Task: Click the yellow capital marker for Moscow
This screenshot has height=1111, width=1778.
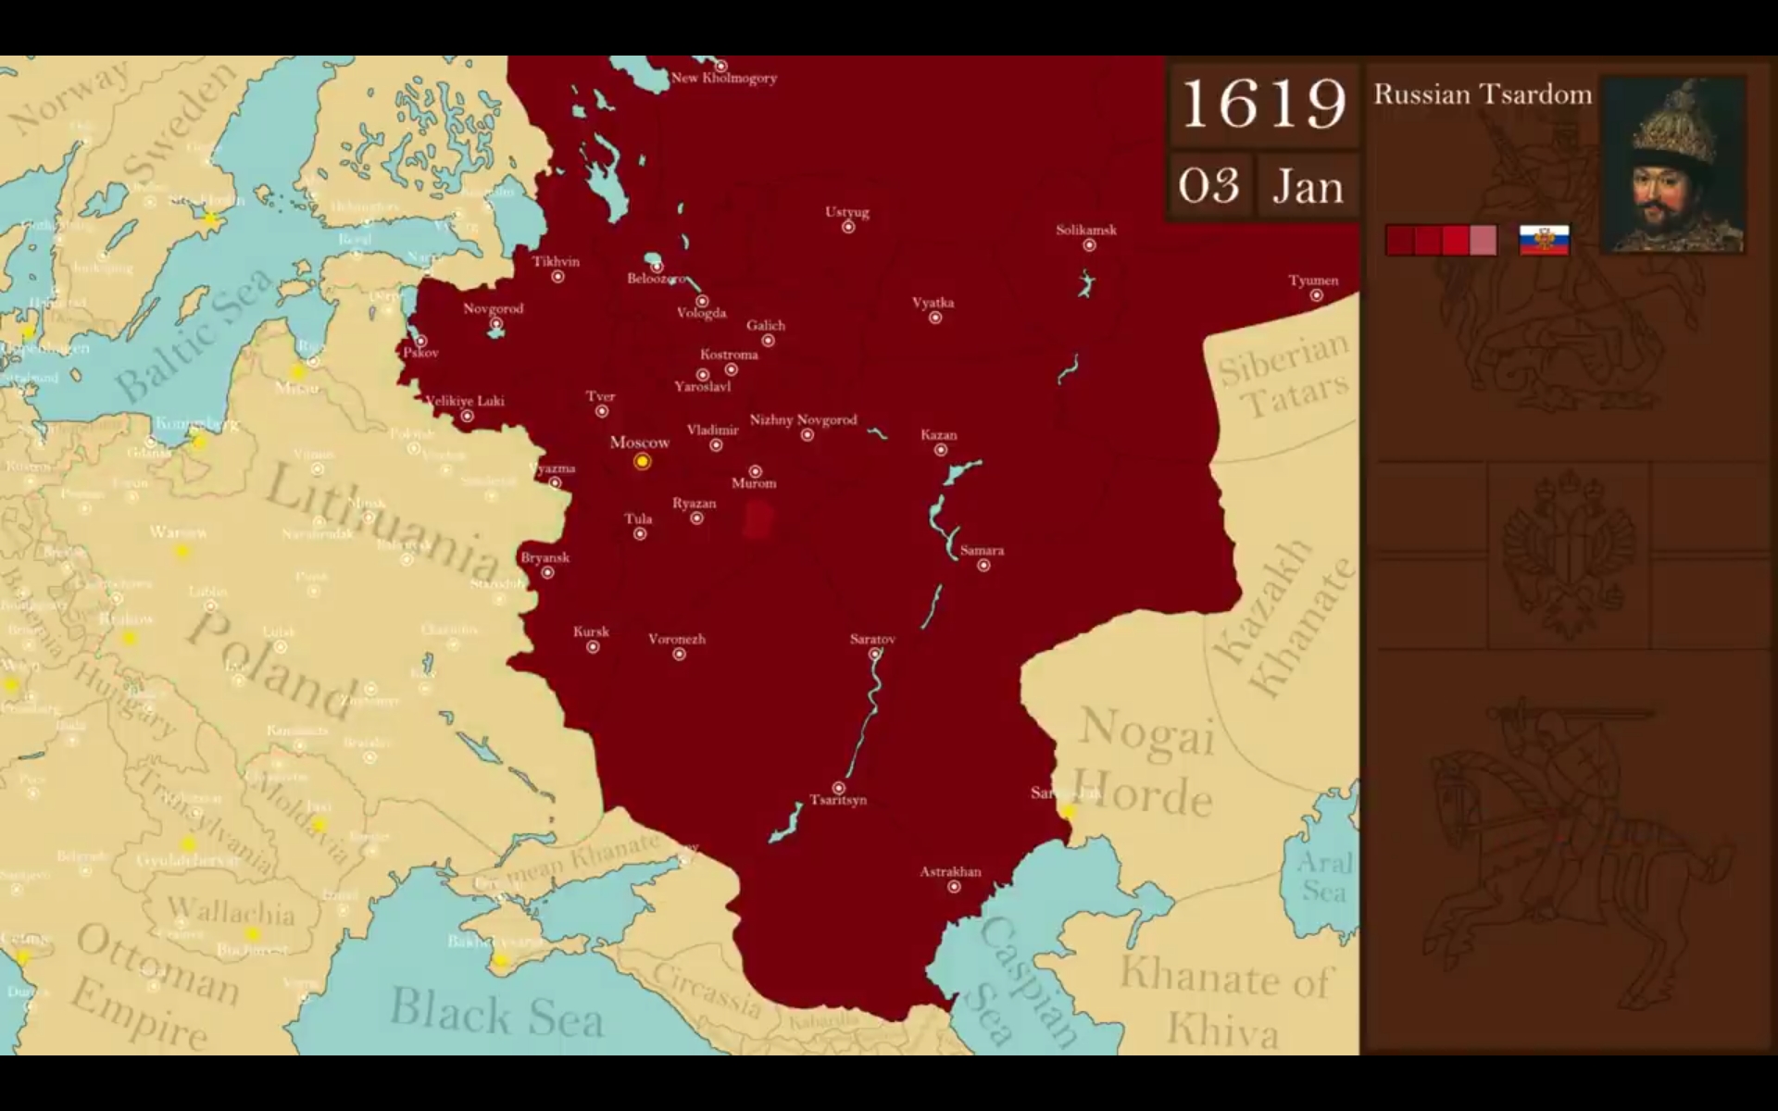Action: (642, 461)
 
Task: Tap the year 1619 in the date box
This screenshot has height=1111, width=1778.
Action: (1263, 104)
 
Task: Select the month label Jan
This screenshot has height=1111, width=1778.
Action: (1308, 186)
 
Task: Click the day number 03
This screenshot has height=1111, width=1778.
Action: (1208, 186)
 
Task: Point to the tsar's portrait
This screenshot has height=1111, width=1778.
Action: (1673, 166)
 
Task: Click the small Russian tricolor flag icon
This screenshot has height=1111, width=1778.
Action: (1544, 240)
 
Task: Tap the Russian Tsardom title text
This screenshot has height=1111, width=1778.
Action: (1482, 94)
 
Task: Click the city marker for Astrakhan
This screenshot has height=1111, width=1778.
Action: (954, 887)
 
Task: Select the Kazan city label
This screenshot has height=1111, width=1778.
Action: (938, 434)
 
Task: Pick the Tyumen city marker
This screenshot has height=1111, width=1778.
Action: (1316, 296)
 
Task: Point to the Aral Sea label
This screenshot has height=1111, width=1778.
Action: (1323, 876)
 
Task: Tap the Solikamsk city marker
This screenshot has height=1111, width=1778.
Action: (1089, 245)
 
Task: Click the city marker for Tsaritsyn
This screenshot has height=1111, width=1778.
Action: (838, 788)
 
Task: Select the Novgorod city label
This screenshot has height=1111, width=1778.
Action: (493, 308)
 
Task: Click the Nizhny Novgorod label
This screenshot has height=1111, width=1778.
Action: (803, 419)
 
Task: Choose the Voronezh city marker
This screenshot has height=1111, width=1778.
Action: (679, 655)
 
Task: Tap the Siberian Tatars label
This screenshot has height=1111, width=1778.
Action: (1283, 375)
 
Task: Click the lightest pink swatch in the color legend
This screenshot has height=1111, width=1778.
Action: (1483, 240)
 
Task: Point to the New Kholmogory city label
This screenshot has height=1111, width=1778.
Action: (723, 78)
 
